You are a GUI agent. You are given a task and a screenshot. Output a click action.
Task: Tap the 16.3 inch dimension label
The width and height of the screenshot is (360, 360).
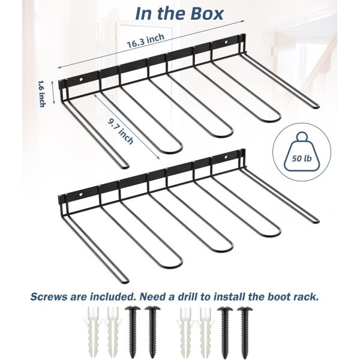tap(146, 41)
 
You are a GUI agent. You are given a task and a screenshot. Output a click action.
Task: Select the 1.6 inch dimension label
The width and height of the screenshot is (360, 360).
tap(41, 94)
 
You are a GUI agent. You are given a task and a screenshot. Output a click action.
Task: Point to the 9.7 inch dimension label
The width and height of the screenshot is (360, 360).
tap(121, 131)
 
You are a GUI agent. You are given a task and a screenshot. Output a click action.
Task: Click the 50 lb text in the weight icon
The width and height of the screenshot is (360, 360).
tap(302, 158)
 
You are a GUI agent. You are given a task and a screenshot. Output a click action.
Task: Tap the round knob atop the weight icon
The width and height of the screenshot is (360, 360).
tap(302, 137)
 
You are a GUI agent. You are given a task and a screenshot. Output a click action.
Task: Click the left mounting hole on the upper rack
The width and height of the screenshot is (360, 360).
tap(81, 80)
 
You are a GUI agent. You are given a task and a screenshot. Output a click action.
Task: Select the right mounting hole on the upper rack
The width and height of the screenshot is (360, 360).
tap(226, 43)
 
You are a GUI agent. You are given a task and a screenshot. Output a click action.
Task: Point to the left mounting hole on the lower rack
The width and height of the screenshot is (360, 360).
tap(81, 194)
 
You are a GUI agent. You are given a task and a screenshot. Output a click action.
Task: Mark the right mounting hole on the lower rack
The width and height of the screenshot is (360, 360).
tap(226, 157)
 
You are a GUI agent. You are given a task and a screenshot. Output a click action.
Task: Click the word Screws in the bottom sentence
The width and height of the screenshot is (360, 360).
tap(49, 296)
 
